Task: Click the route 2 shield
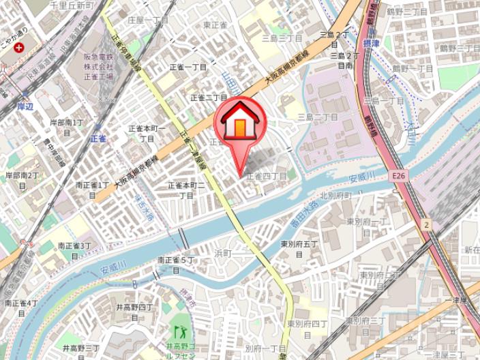pyautogui.click(x=426, y=224)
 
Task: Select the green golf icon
pyautogui.click(x=180, y=333)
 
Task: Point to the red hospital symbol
pyautogui.click(x=18, y=48)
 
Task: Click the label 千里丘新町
pyautogui.click(x=71, y=5)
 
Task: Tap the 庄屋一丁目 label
pyautogui.click(x=147, y=20)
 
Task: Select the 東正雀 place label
pyautogui.click(x=215, y=25)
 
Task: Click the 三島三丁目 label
pyautogui.click(x=282, y=37)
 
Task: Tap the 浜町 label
pyautogui.click(x=224, y=253)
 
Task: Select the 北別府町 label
pyautogui.click(x=335, y=196)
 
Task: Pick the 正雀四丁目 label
pyautogui.click(x=267, y=176)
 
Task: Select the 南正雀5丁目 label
pyautogui.click(x=177, y=264)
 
